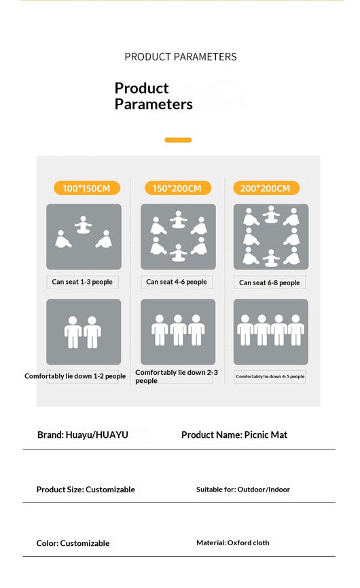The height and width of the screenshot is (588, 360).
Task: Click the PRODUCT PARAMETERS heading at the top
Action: pyautogui.click(x=181, y=56)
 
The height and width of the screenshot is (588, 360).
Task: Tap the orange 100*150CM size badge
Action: pyautogui.click(x=87, y=188)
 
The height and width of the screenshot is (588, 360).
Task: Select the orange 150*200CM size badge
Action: pyautogui.click(x=178, y=188)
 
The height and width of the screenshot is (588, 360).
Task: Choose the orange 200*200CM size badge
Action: pyautogui.click(x=266, y=188)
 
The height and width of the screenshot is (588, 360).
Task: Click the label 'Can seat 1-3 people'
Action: pyautogui.click(x=82, y=282)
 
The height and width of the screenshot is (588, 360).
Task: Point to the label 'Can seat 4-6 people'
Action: pyautogui.click(x=176, y=282)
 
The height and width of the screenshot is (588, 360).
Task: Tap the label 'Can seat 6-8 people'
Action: pyautogui.click(x=269, y=282)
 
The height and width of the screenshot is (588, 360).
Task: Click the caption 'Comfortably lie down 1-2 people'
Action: pyautogui.click(x=75, y=375)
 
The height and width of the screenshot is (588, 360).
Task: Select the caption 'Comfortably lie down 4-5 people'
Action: pyautogui.click(x=270, y=376)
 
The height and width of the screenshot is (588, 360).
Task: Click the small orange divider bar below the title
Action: pyautogui.click(x=178, y=140)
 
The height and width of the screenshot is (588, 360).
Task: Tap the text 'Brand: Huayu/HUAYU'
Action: pyautogui.click(x=82, y=435)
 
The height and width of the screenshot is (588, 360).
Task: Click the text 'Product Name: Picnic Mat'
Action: pyautogui.click(x=234, y=435)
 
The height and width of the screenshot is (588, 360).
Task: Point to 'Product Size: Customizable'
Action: pyautogui.click(x=86, y=490)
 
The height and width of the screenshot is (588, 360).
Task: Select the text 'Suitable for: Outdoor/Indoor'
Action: pyautogui.click(x=243, y=490)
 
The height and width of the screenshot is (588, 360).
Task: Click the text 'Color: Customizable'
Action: pyautogui.click(x=73, y=543)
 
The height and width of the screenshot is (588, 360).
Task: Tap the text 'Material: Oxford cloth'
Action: pyautogui.click(x=232, y=543)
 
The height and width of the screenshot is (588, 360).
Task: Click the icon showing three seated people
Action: pyautogui.click(x=84, y=236)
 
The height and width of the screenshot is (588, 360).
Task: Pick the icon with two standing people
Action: pyautogui.click(x=84, y=331)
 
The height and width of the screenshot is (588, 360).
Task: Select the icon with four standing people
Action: pyautogui.click(x=271, y=331)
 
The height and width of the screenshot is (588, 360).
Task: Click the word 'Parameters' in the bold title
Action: pyautogui.click(x=154, y=105)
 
